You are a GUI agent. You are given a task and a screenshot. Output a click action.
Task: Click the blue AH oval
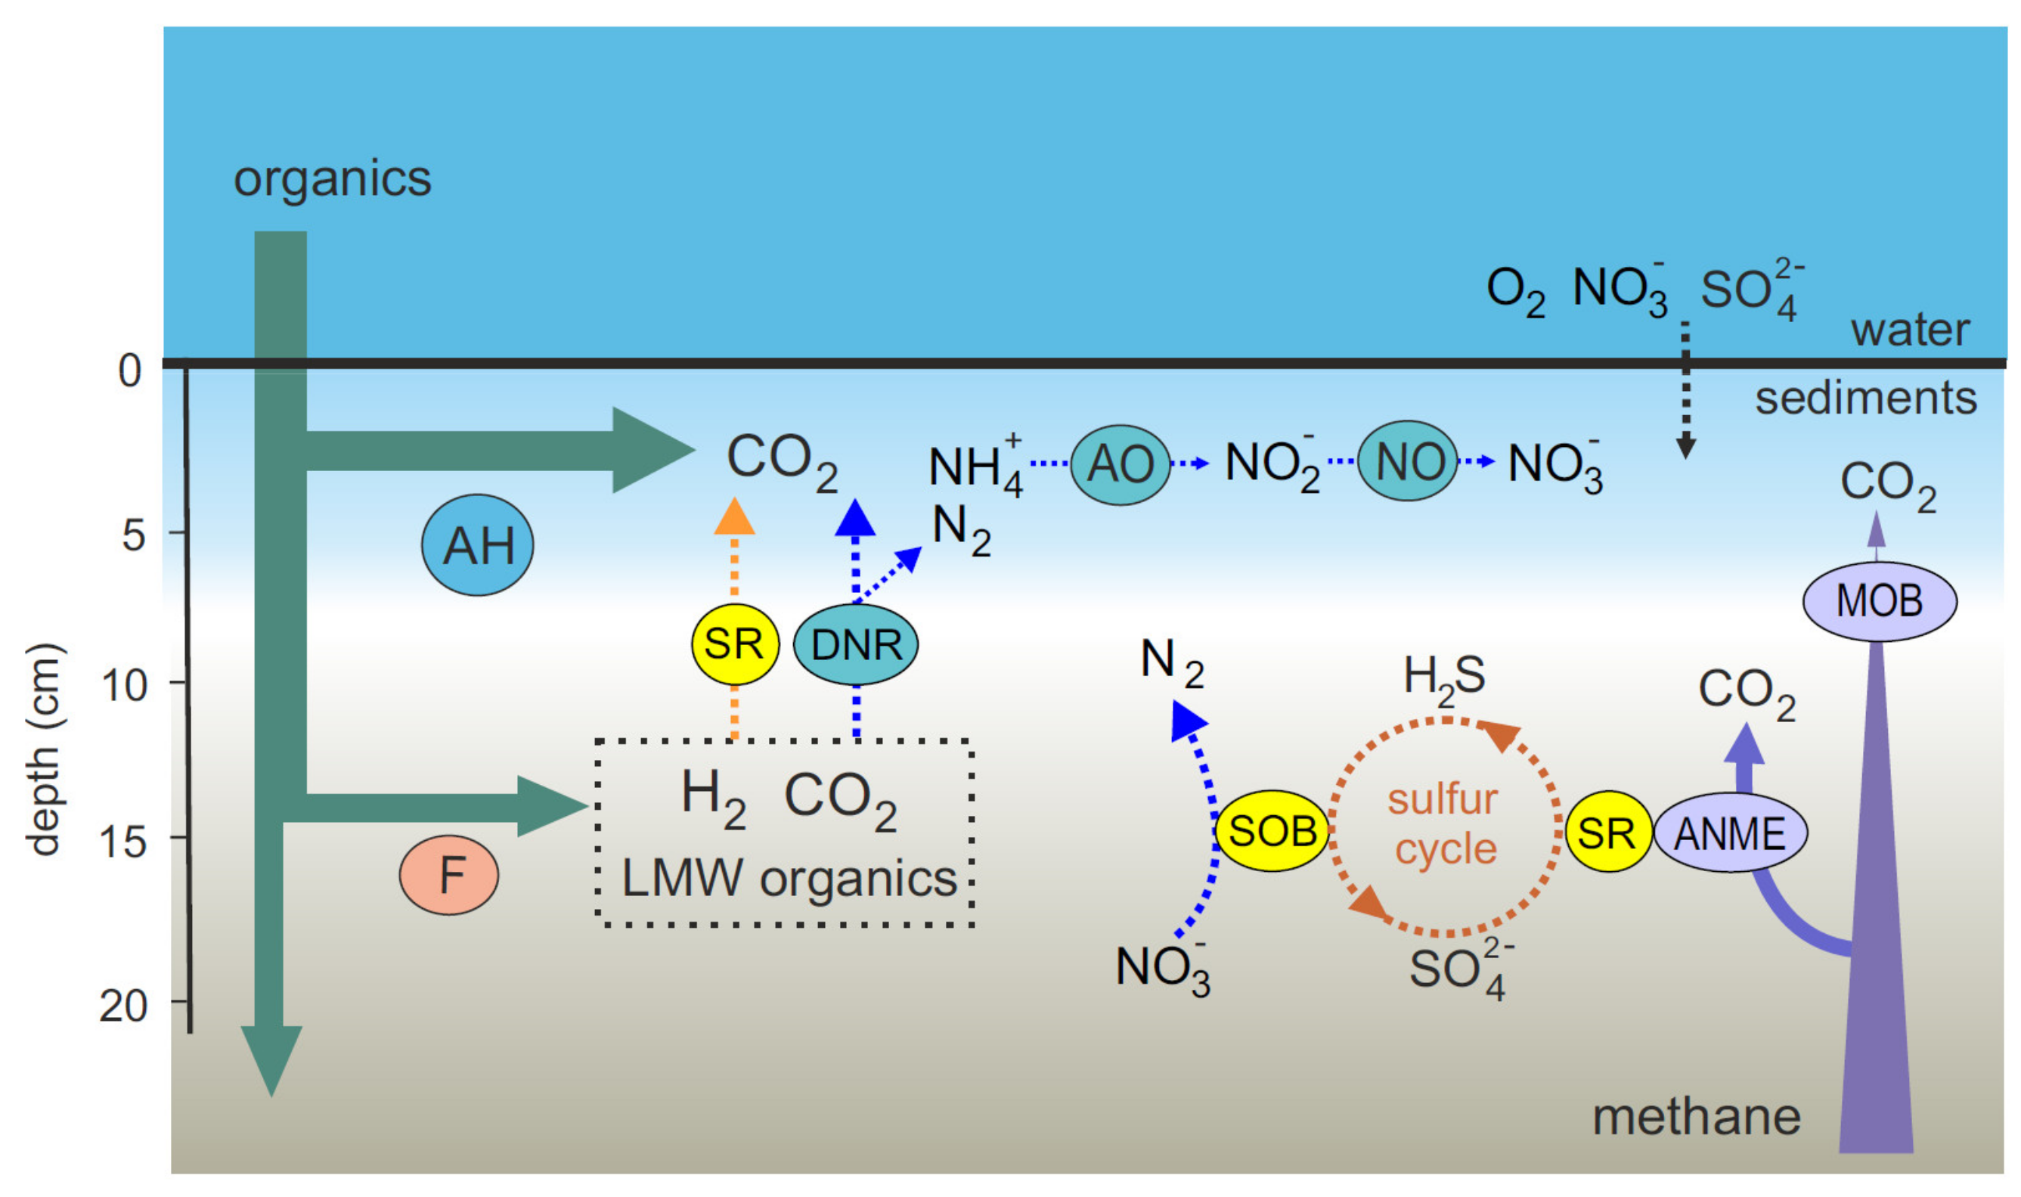click(477, 545)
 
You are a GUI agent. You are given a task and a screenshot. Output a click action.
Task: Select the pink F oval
click(449, 875)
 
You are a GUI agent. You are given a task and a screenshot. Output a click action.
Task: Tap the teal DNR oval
click(856, 644)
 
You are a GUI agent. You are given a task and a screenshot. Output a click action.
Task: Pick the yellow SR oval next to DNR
click(735, 643)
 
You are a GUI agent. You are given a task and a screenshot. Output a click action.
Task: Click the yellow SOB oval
click(1272, 831)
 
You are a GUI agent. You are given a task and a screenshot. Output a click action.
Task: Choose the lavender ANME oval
click(1730, 833)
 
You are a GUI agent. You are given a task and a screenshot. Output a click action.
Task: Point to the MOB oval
click(1879, 601)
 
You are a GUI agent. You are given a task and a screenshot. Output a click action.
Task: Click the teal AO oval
click(1121, 464)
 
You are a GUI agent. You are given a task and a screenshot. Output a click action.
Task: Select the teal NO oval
click(1408, 461)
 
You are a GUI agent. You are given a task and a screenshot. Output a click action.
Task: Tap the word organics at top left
click(332, 179)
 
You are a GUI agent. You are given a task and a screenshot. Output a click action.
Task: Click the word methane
click(1697, 1118)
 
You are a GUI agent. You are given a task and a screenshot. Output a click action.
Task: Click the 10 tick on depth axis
click(126, 686)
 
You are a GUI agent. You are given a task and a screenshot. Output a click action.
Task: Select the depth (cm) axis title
click(44, 750)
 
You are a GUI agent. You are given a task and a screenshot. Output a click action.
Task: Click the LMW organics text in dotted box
click(789, 879)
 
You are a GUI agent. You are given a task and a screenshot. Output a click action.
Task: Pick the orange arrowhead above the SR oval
click(735, 517)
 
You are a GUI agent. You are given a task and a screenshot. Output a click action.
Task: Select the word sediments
click(1866, 398)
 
